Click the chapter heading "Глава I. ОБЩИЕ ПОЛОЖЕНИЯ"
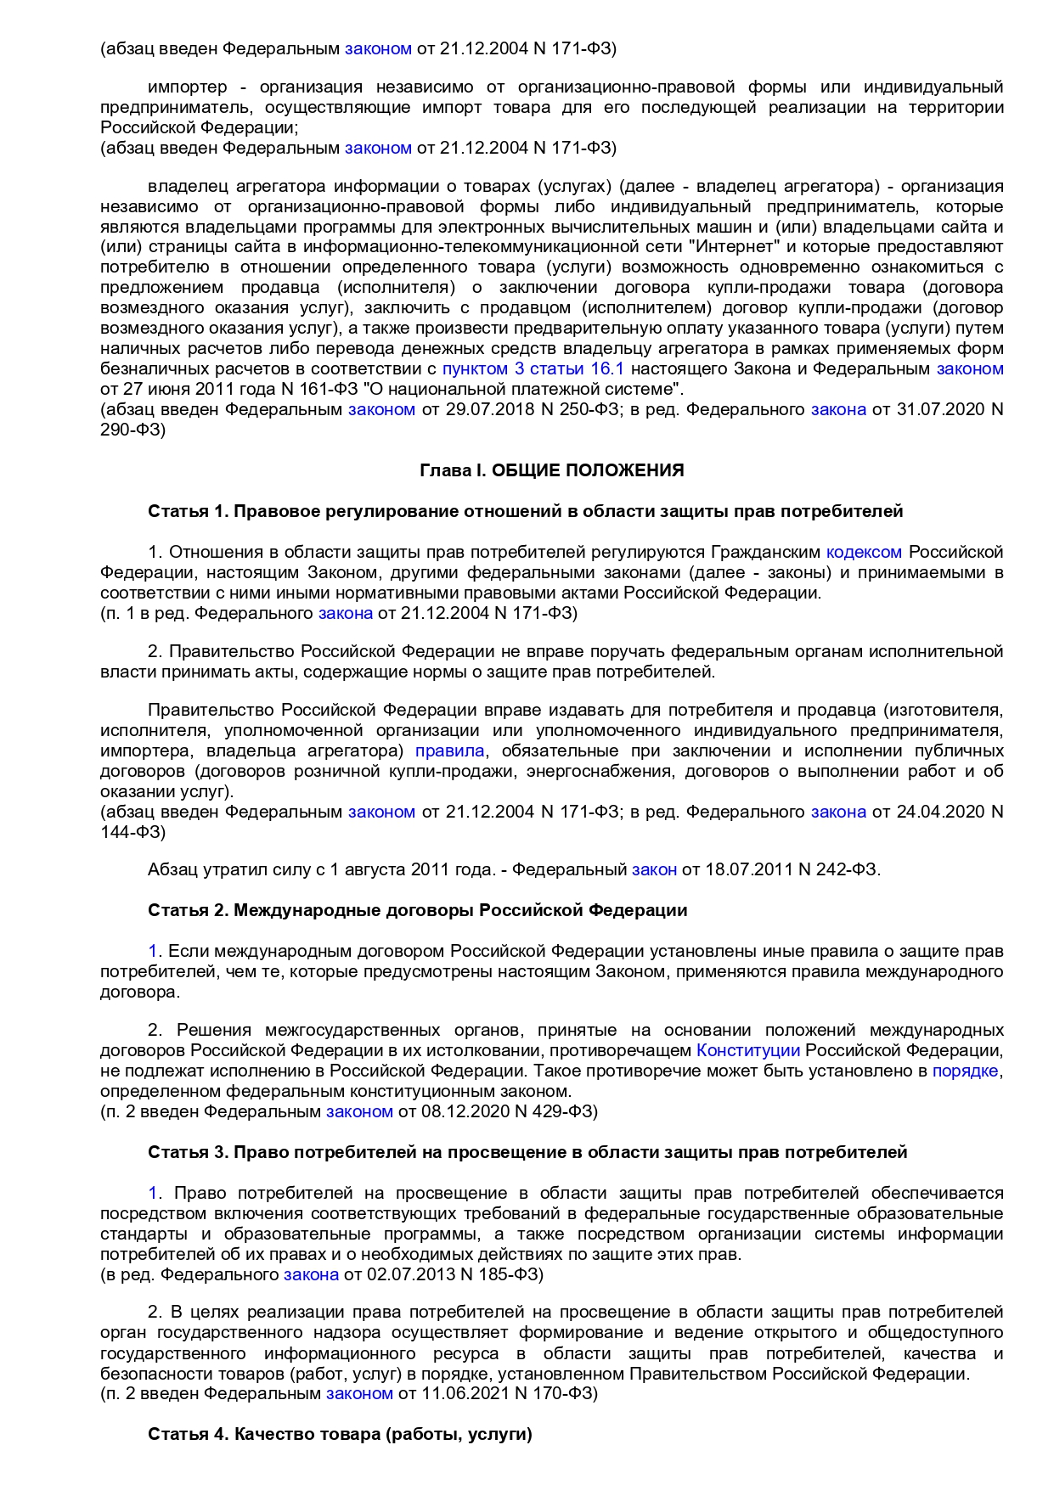click(x=552, y=470)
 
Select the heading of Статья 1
click(x=525, y=511)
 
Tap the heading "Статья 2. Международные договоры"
click(x=417, y=910)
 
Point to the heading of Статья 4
click(x=340, y=1434)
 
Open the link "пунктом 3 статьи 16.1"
click(x=533, y=368)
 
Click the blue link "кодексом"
click(x=864, y=552)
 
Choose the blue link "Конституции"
click(x=748, y=1050)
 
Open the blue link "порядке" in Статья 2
click(x=965, y=1071)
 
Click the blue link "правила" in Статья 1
click(x=449, y=751)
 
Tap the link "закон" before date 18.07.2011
click(x=654, y=869)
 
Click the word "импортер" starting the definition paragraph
click(x=188, y=87)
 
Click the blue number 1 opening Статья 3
click(x=153, y=1193)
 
